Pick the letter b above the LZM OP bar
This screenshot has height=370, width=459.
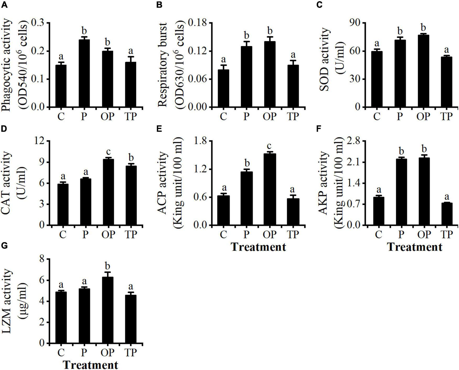point(107,267)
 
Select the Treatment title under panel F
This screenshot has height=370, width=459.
point(415,247)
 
